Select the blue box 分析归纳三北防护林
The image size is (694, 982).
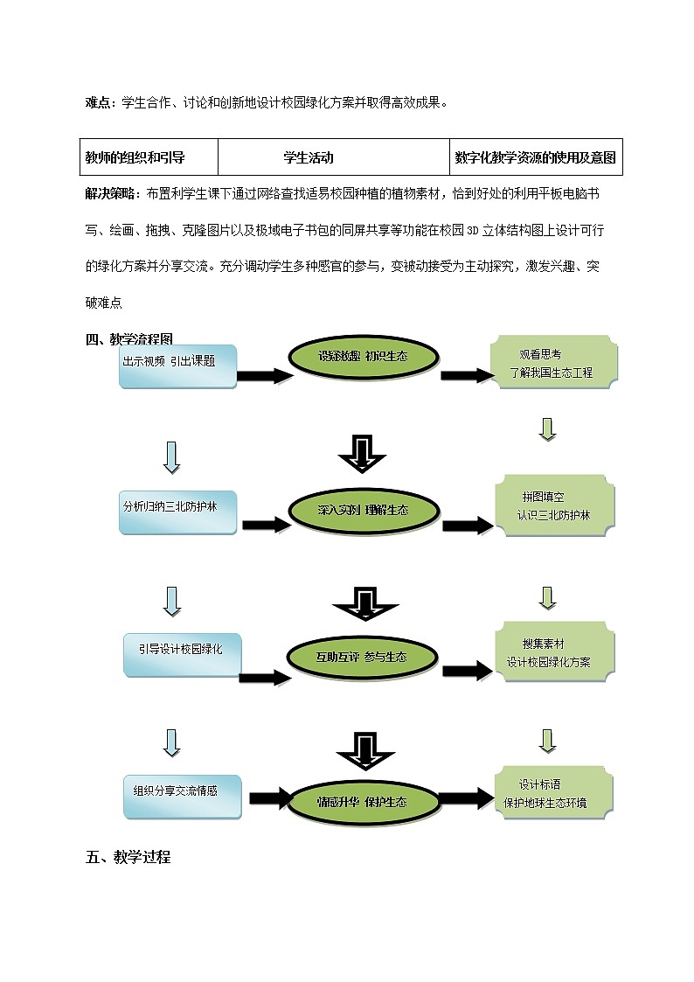tap(179, 512)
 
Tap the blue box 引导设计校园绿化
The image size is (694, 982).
tap(182, 655)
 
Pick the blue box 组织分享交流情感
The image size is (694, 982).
tap(182, 795)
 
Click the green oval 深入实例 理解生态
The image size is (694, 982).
tap(362, 510)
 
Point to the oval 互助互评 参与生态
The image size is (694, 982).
tap(362, 656)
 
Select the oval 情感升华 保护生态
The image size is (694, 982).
tap(362, 801)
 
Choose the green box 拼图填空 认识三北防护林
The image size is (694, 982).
tap(553, 507)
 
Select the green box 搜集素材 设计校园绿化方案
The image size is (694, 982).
tap(553, 652)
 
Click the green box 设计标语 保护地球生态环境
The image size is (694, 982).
tap(553, 794)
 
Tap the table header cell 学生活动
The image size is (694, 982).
tap(309, 158)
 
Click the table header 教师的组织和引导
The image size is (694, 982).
tap(135, 158)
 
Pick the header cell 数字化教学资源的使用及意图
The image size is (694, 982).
tap(536, 158)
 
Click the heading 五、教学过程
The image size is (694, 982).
tap(128, 857)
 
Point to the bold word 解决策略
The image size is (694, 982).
tap(110, 192)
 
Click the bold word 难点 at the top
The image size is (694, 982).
tap(98, 102)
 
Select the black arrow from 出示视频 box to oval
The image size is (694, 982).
tap(264, 376)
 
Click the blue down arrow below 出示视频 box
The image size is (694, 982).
tap(172, 457)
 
